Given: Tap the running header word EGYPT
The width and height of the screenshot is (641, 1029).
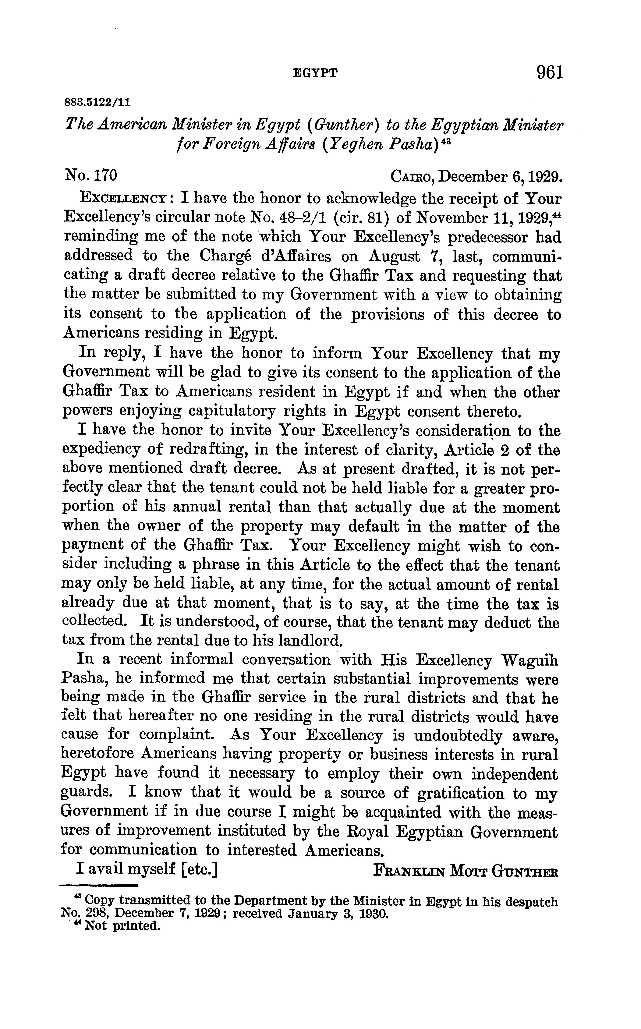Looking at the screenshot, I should click(315, 74).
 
